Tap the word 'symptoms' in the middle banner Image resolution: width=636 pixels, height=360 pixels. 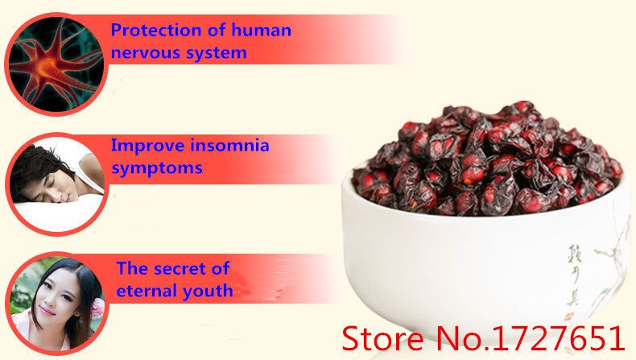pyautogui.click(x=156, y=169)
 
